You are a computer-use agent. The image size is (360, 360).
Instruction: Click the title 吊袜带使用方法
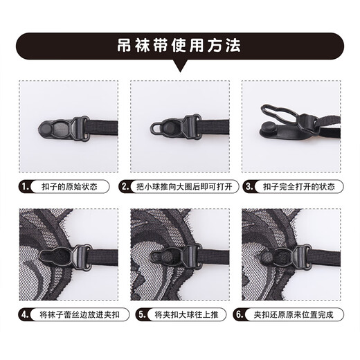point(179,48)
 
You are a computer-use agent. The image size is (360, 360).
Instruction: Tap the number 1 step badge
point(26,186)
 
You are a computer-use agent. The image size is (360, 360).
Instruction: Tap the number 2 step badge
point(125,186)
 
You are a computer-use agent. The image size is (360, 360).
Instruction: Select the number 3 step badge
point(249,186)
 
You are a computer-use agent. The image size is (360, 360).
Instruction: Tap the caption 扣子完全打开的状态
point(298,186)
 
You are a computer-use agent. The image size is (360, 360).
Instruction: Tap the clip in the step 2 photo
point(173,127)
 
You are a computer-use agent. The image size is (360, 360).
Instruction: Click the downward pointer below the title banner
point(179,67)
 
